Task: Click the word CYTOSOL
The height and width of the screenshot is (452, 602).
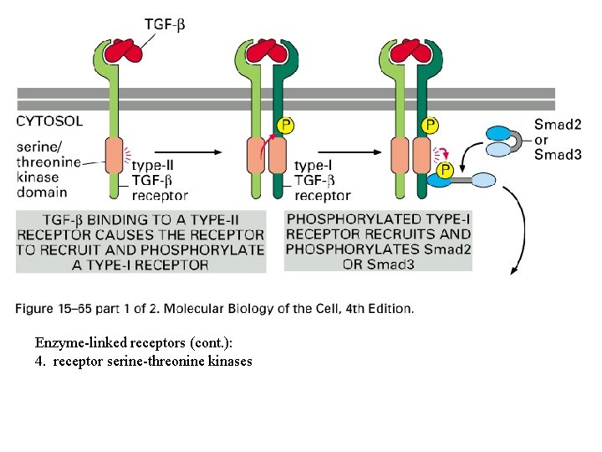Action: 49,121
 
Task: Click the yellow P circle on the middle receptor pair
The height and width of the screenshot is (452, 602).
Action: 284,126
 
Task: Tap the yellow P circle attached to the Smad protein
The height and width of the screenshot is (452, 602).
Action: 446,170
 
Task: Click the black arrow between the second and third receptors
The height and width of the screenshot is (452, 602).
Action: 367,152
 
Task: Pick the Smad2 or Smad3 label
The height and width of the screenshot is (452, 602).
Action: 558,139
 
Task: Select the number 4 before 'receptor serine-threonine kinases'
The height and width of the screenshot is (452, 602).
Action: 38,361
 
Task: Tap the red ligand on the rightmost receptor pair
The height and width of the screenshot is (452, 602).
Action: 411,51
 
